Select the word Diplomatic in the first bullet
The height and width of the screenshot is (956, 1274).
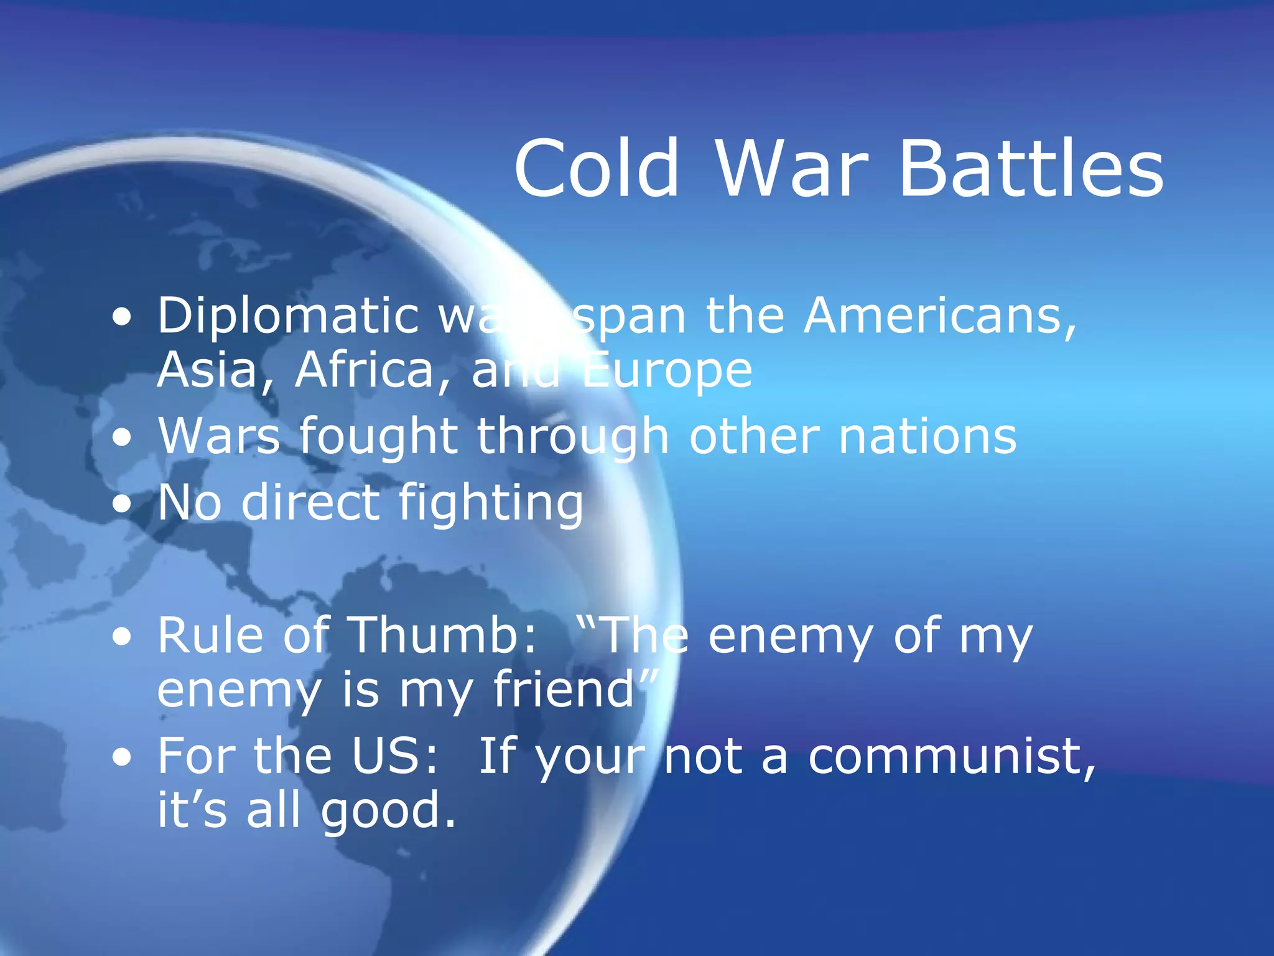tap(287, 317)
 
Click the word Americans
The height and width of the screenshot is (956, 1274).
tap(939, 316)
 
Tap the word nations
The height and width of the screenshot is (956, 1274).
tap(928, 436)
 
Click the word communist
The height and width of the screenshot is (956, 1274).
tap(952, 757)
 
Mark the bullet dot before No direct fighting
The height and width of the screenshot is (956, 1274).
tap(123, 504)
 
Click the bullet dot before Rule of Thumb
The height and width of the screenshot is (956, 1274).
tap(123, 637)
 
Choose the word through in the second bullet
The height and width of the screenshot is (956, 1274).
tap(572, 438)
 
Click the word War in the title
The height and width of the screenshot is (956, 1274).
tap(791, 169)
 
